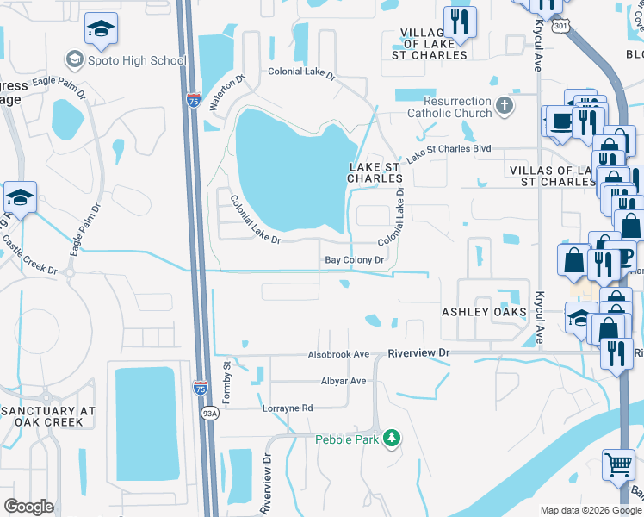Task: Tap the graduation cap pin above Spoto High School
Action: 102,30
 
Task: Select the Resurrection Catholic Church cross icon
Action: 505,107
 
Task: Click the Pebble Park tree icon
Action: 392,439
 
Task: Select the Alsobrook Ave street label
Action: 338,355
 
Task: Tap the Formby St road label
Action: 228,378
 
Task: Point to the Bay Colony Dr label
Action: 353,260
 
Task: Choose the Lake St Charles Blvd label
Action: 449,149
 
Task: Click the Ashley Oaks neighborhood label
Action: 484,312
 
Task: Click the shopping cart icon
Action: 619,464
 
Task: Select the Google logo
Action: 28,507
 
